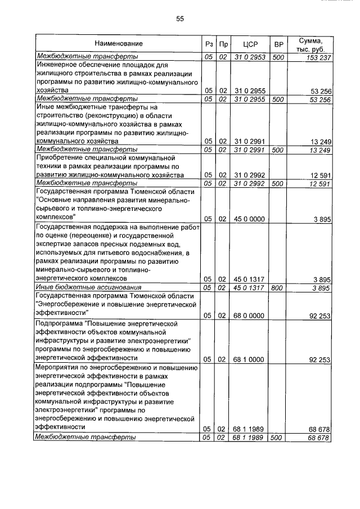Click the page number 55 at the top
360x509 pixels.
180,19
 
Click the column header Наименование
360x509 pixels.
118,43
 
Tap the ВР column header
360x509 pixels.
277,44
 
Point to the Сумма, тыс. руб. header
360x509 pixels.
311,44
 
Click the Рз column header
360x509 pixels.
209,44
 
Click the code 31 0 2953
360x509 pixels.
249,57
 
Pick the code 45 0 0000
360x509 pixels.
249,218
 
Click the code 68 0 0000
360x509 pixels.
249,316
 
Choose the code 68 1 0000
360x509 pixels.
249,358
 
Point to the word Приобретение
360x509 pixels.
59,159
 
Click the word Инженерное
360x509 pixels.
55,65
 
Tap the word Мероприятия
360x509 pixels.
57,367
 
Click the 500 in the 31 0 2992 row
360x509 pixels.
277,183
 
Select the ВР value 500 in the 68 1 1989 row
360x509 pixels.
277,437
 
